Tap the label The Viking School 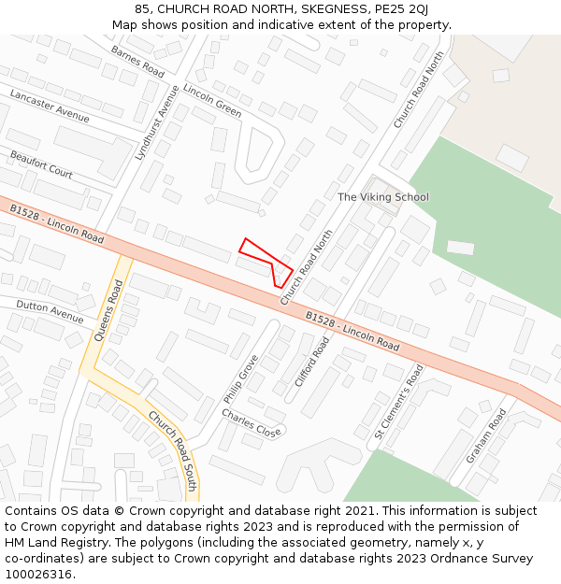pyautogui.click(x=382, y=197)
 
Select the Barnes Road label pyautogui.click(x=137, y=62)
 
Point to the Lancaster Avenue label pyautogui.click(x=50, y=107)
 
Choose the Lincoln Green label pyautogui.click(x=212, y=101)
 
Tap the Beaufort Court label pyautogui.click(x=41, y=164)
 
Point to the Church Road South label pyautogui.click(x=172, y=450)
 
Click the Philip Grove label pyautogui.click(x=240, y=378)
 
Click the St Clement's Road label pyautogui.click(x=399, y=401)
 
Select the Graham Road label pyautogui.click(x=485, y=435)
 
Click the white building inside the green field pyautogui.click(x=460, y=248)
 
